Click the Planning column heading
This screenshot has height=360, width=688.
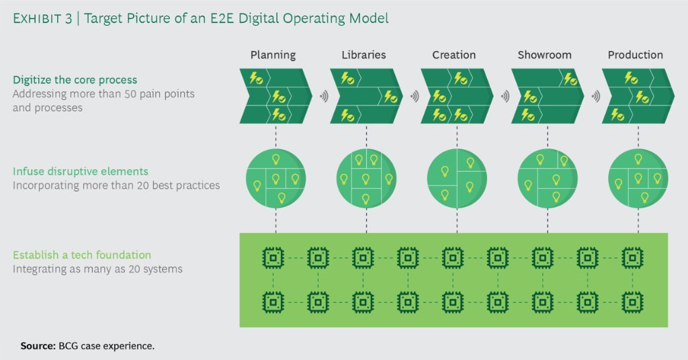pyautogui.click(x=273, y=55)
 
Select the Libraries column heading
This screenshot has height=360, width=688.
pyautogui.click(x=364, y=55)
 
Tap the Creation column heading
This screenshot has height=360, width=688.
pyautogui.click(x=454, y=55)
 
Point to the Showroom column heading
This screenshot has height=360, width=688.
pyautogui.click(x=544, y=55)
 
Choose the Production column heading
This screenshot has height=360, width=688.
pyautogui.click(x=635, y=55)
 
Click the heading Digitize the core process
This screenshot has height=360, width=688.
pyautogui.click(x=75, y=81)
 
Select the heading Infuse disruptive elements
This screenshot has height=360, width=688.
pyautogui.click(x=80, y=171)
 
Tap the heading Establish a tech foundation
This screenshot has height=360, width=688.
pyautogui.click(x=82, y=255)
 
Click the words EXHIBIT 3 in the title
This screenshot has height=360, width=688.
pyautogui.click(x=40, y=19)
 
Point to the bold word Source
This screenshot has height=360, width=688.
pyautogui.click(x=37, y=346)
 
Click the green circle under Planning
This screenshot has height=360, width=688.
pyautogui.click(x=275, y=178)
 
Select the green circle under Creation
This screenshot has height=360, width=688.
pyautogui.click(x=457, y=178)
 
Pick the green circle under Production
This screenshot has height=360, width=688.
pyautogui.click(x=638, y=178)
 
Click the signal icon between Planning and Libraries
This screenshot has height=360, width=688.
pyautogui.click(x=323, y=97)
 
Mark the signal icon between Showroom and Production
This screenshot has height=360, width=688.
pyautogui.click(x=595, y=97)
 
